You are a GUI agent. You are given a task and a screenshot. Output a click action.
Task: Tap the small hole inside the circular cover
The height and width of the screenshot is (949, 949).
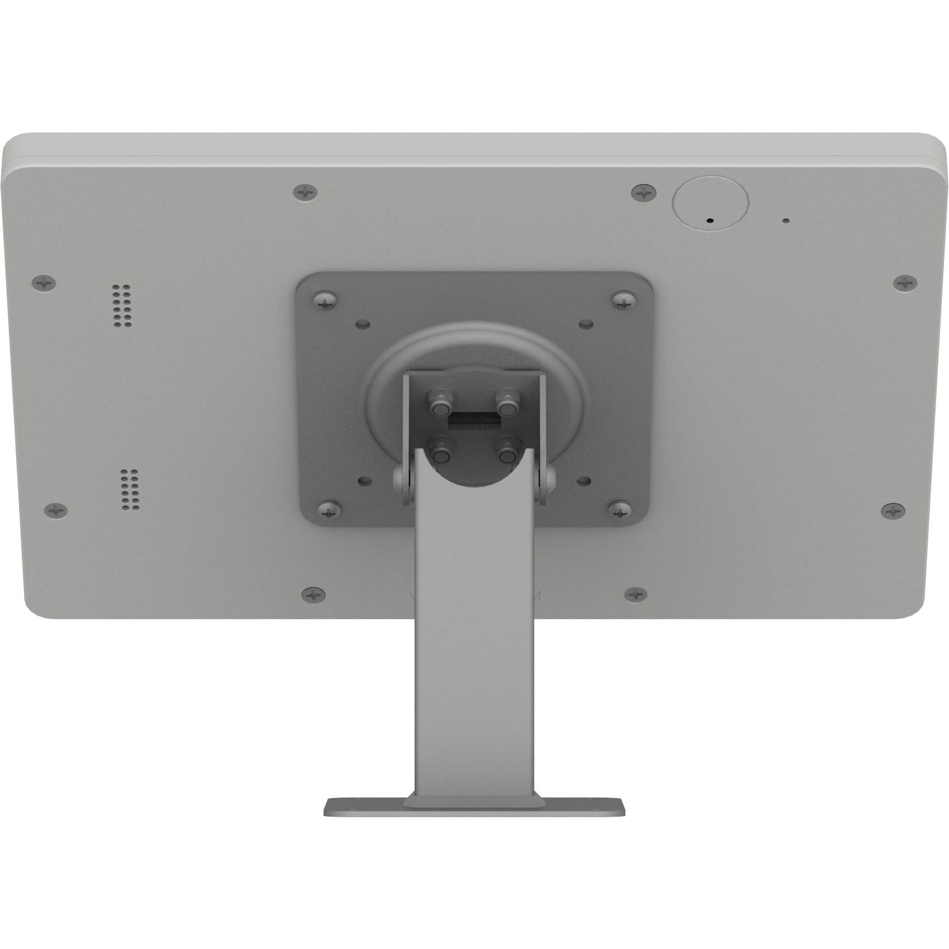[x=710, y=220]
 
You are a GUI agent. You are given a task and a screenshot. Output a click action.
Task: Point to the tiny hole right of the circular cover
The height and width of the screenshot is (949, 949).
[x=785, y=221]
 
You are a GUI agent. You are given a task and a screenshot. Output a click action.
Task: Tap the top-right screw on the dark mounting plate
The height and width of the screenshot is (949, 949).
[x=624, y=299]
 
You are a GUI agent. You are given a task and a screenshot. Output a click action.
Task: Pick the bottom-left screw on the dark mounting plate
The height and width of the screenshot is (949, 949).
[x=329, y=510]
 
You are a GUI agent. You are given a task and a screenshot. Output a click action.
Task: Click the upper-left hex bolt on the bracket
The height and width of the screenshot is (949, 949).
[x=439, y=403]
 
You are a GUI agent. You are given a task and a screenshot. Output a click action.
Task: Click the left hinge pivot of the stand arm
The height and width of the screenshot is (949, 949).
[x=402, y=477]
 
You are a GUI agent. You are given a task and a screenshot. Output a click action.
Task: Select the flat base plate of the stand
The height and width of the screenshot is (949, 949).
[x=474, y=808]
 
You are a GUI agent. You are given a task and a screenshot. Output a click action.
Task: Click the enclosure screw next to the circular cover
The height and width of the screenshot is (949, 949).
[x=644, y=193]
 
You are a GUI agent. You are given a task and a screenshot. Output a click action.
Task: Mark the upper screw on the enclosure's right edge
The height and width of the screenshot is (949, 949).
[x=904, y=283]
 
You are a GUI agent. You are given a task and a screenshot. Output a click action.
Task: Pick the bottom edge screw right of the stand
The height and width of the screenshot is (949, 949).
[x=635, y=594]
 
